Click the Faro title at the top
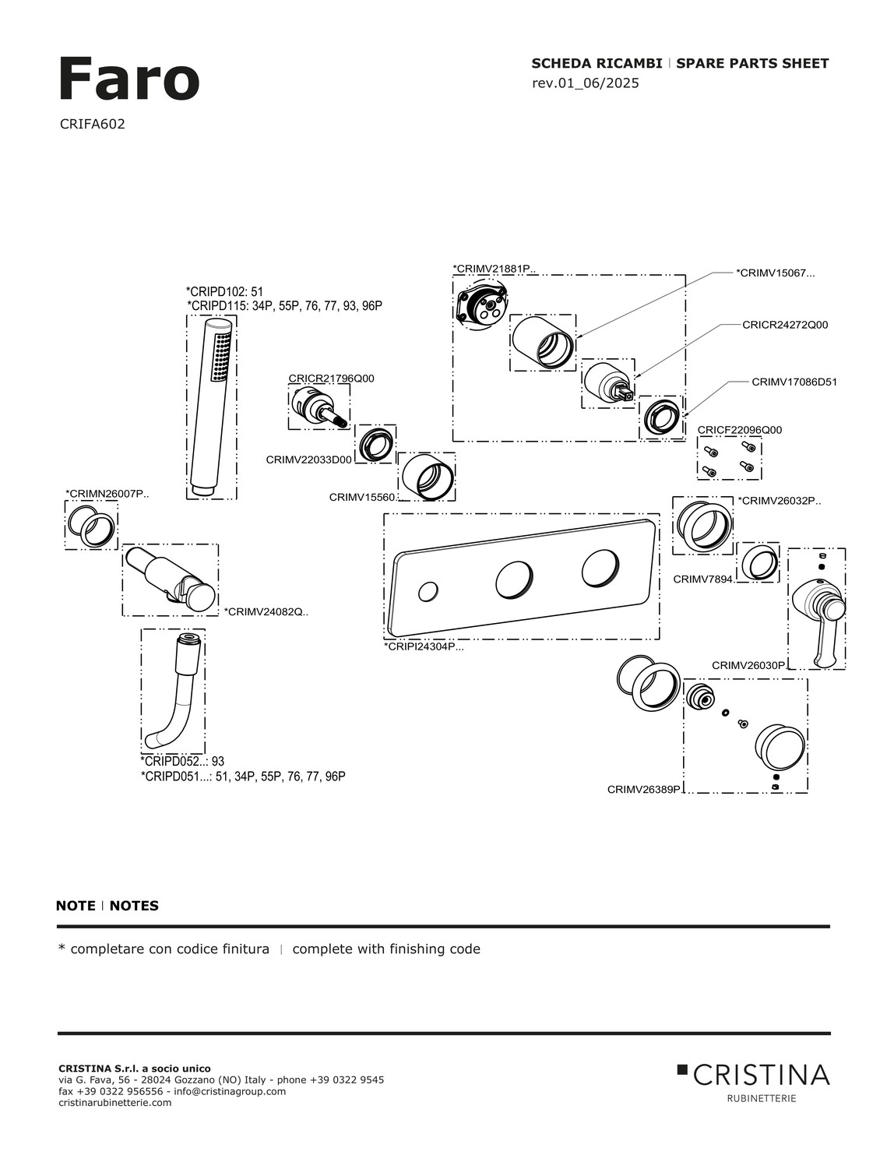[128, 79]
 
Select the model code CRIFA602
[92, 124]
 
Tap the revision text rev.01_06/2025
[585, 83]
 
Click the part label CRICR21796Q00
[331, 379]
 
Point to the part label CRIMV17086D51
[794, 382]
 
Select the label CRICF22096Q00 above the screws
[739, 430]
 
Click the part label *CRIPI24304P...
[424, 646]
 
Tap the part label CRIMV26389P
[644, 789]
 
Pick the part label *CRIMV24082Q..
[266, 611]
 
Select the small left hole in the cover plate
[428, 592]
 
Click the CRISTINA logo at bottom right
[753, 1076]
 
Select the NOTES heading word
[134, 906]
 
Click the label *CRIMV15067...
[775, 273]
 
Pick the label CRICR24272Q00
[784, 325]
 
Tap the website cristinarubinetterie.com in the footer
[115, 1103]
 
